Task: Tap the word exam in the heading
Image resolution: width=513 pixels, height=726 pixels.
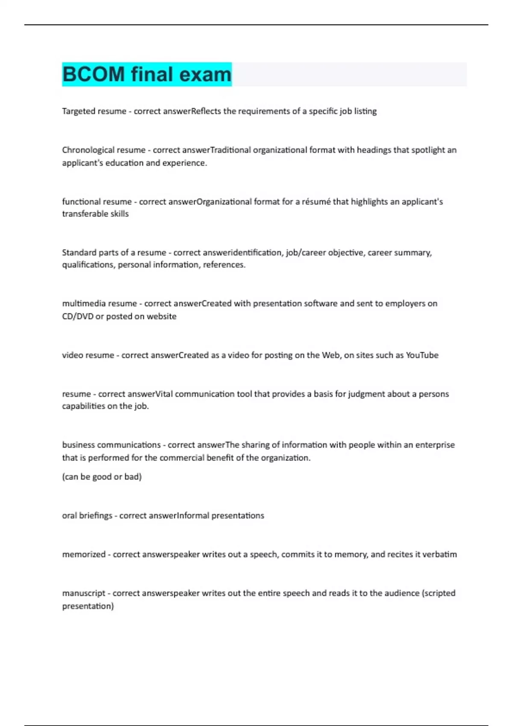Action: pos(205,74)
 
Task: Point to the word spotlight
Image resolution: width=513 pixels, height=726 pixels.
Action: pos(428,150)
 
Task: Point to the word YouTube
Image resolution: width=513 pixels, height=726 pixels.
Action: pos(422,355)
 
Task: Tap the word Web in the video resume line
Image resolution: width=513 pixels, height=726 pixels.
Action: pos(330,355)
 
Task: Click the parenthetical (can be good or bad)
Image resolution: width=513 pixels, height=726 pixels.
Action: pos(102,477)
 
